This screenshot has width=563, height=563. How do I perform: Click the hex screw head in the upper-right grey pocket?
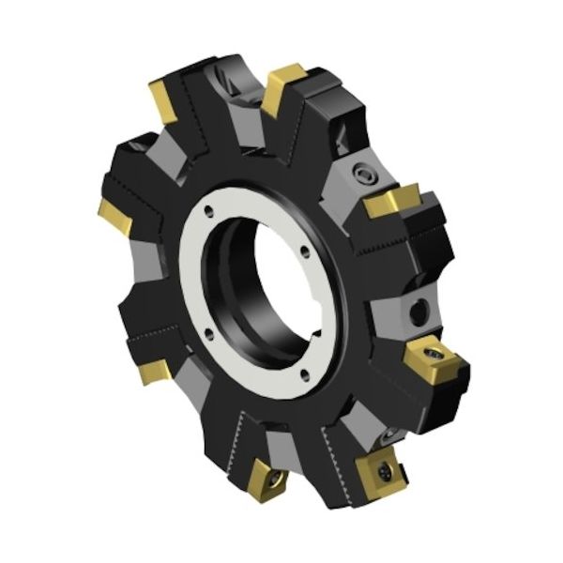pyautogui.click(x=364, y=176)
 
